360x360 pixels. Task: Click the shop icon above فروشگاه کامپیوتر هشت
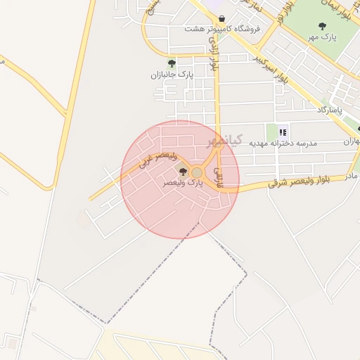(x=222, y=19)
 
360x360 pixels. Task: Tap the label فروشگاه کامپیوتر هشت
(x=222, y=29)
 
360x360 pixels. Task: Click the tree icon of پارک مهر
(x=323, y=26)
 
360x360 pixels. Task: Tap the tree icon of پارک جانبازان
(x=172, y=63)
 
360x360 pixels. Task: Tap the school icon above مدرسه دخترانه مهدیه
(x=283, y=131)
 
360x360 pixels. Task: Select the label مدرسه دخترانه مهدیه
(x=283, y=143)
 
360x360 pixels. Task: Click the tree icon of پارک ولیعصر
(x=183, y=172)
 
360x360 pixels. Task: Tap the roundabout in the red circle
(x=197, y=172)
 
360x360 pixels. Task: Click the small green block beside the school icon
(x=271, y=131)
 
